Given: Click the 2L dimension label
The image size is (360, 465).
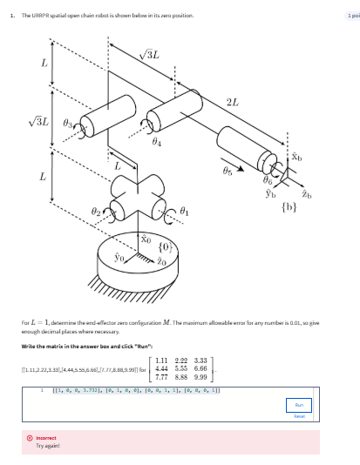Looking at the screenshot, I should tap(231, 104).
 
